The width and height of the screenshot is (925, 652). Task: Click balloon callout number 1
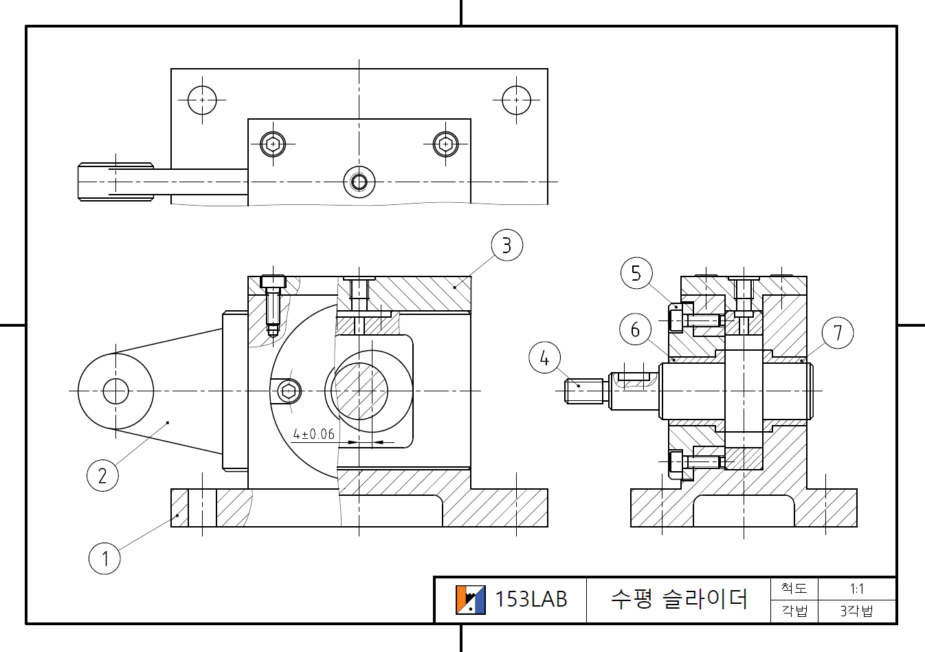[x=104, y=558]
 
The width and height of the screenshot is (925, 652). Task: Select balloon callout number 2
[x=102, y=475]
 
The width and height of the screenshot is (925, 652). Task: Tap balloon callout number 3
[x=506, y=246]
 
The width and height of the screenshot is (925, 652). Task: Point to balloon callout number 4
[x=544, y=358]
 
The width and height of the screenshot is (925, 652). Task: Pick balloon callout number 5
[x=636, y=273]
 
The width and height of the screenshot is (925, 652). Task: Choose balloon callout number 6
[x=635, y=329]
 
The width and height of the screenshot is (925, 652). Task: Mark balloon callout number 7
[x=837, y=333]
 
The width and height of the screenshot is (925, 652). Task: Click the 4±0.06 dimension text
[x=313, y=434]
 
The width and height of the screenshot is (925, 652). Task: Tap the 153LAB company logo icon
[x=470, y=600]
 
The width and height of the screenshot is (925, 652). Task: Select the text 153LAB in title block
[x=531, y=600]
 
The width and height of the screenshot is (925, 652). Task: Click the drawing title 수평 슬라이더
[x=678, y=599]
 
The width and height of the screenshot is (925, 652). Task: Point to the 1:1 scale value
[x=856, y=589]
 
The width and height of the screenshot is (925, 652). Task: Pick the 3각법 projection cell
[x=856, y=611]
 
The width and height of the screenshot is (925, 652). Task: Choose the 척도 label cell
[x=794, y=589]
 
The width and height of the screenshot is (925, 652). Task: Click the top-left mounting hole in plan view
[x=202, y=100]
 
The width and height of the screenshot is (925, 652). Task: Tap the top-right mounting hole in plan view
[x=516, y=100]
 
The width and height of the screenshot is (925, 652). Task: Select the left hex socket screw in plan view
[x=274, y=144]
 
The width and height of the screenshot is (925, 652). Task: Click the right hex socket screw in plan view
[x=446, y=144]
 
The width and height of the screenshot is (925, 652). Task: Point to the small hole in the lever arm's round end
[x=115, y=391]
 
